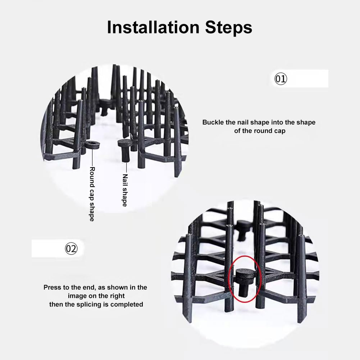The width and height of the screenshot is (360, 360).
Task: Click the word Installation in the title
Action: [153, 27]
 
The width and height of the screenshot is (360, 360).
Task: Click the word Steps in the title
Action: [229, 27]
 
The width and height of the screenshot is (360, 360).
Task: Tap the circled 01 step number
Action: [281, 79]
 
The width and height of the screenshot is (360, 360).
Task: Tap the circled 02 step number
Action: [71, 249]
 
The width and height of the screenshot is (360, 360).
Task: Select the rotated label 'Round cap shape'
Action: [92, 194]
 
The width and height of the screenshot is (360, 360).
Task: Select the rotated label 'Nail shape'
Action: [125, 190]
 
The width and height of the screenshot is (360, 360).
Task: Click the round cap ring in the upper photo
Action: [92, 145]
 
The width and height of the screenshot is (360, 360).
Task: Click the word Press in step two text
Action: [53, 287]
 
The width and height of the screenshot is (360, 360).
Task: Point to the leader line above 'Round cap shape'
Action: [92, 158]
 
